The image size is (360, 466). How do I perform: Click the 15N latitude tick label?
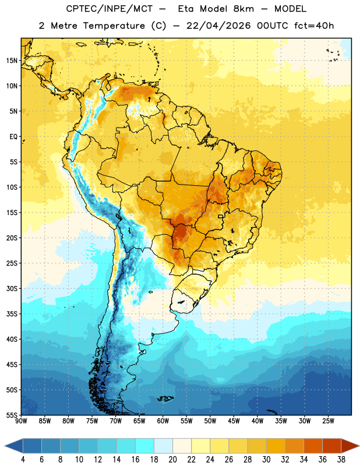click(x=12, y=61)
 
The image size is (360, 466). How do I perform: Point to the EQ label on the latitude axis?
click(x=13, y=137)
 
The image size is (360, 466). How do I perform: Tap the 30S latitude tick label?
click(x=12, y=289)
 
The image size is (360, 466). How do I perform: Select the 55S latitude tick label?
click(x=12, y=415)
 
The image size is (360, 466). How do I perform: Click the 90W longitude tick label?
click(x=21, y=421)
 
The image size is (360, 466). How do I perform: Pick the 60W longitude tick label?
click(x=163, y=421)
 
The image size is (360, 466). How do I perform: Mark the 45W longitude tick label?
click(x=234, y=421)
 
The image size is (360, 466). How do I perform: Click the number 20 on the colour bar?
click(x=172, y=460)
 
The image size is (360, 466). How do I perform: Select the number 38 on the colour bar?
click(x=341, y=460)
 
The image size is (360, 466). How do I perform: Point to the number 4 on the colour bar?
click(x=23, y=460)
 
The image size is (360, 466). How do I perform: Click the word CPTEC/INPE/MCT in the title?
click(x=110, y=9)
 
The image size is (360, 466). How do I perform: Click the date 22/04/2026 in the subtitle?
click(x=219, y=26)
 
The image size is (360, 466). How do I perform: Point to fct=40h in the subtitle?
click(x=314, y=26)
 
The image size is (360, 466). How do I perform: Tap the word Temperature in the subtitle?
click(x=114, y=26)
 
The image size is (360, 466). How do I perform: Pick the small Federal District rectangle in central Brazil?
click(x=221, y=216)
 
